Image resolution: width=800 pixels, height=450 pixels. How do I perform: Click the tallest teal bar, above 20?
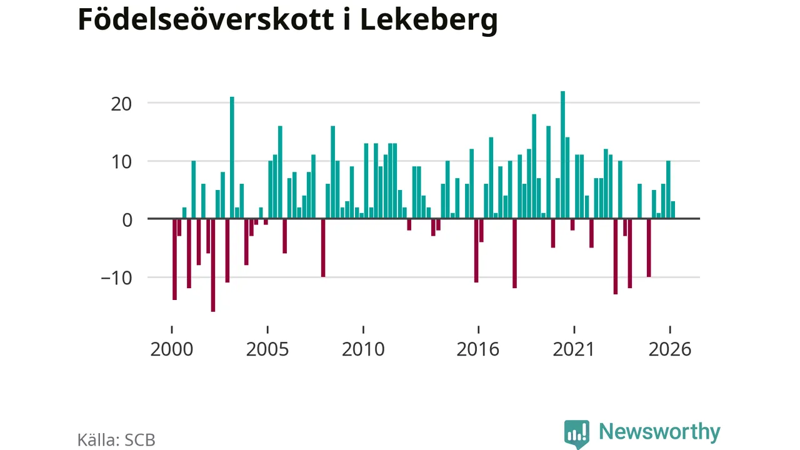click(x=563, y=154)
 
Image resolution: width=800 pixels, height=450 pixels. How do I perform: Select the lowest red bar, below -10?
click(x=213, y=265)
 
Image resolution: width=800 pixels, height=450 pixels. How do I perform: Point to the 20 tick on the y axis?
click(x=121, y=104)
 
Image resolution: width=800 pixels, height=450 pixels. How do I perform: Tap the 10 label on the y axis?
click(x=121, y=162)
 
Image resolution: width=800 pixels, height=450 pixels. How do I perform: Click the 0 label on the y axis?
click(x=127, y=221)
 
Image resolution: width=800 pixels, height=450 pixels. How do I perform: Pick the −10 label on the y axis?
click(x=117, y=278)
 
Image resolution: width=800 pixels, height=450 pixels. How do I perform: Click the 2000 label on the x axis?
click(x=172, y=349)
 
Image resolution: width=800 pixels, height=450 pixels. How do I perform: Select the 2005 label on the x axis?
click(x=267, y=349)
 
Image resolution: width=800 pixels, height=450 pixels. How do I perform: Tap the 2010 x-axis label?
click(x=363, y=349)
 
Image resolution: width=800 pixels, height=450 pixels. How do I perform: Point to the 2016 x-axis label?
click(x=478, y=349)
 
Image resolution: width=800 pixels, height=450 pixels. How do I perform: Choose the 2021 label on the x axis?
click(x=574, y=349)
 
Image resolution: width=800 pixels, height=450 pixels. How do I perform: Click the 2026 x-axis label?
click(x=670, y=349)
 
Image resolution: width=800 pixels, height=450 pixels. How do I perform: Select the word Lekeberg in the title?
click(x=429, y=21)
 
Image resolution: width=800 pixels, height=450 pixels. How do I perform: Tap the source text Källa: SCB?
click(x=116, y=440)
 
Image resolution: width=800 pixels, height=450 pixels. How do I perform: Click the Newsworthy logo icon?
click(x=577, y=434)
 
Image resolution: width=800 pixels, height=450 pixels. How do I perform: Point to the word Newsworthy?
click(x=659, y=432)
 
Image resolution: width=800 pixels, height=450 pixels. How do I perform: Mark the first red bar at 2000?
click(x=174, y=259)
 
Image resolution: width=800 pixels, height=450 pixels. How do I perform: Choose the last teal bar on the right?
click(x=673, y=209)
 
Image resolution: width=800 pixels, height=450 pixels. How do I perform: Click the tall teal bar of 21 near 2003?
click(x=232, y=157)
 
